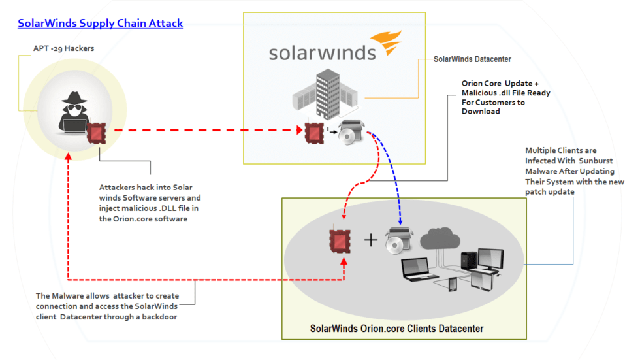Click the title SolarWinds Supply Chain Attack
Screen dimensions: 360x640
[x=100, y=24]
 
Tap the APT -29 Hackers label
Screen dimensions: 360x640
[x=63, y=48]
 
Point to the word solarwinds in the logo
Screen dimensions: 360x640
[x=322, y=52]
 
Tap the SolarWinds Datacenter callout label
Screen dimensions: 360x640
[x=472, y=59]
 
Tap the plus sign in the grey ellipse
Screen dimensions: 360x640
[x=370, y=240]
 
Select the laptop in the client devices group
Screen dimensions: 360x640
[x=415, y=270]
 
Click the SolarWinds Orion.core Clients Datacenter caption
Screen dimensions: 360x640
[x=396, y=328]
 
